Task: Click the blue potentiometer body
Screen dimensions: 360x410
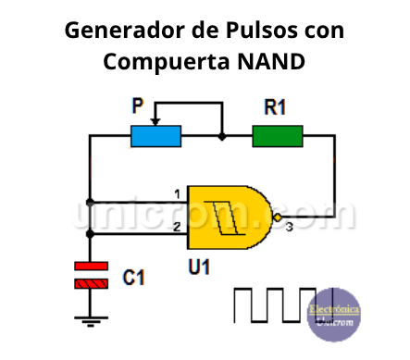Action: click(x=155, y=137)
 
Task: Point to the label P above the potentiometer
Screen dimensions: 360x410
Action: click(x=138, y=107)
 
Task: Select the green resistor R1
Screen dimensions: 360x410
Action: click(x=277, y=137)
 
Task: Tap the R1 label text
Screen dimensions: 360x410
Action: click(x=275, y=107)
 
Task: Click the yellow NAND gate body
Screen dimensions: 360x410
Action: click(x=227, y=216)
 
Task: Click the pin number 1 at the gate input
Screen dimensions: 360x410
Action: click(x=176, y=194)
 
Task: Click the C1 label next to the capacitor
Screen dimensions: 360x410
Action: click(x=134, y=276)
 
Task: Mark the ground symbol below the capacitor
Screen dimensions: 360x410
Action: click(x=90, y=321)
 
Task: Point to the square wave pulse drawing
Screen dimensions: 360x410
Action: click(x=268, y=304)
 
